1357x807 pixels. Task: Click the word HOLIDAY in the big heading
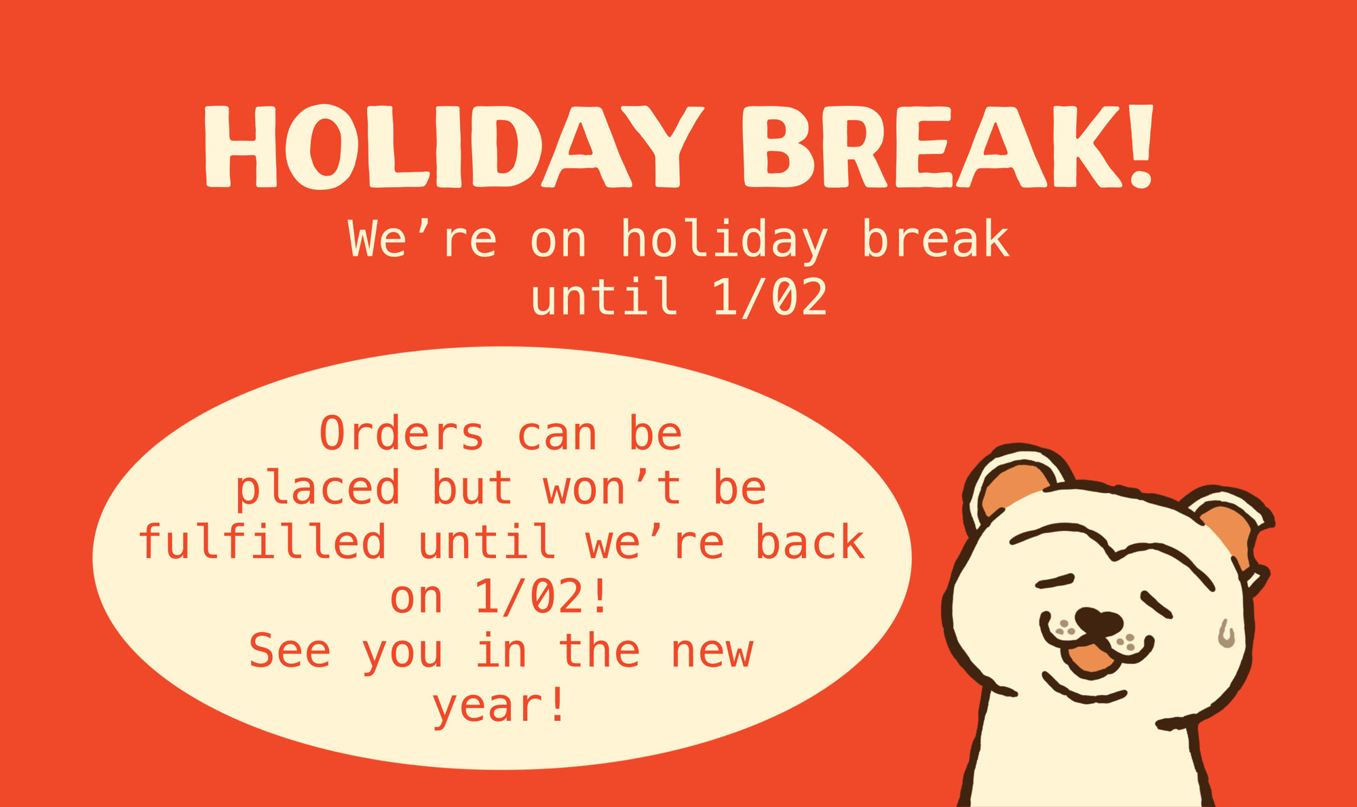pyautogui.click(x=454, y=146)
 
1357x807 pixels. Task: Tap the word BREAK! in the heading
pyautogui.click(x=948, y=146)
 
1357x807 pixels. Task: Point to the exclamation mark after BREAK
pyautogui.click(x=1140, y=146)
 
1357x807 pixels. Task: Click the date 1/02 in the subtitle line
pyautogui.click(x=770, y=297)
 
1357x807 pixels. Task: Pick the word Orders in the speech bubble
pyautogui.click(x=402, y=433)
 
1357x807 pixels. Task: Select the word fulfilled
pyautogui.click(x=263, y=542)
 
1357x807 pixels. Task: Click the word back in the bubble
pyautogui.click(x=810, y=542)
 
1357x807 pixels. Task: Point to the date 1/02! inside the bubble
pyautogui.click(x=541, y=597)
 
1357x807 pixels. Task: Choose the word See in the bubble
pyautogui.click(x=290, y=650)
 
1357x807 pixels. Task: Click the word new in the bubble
pyautogui.click(x=712, y=652)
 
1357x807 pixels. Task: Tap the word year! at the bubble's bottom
pyautogui.click(x=499, y=707)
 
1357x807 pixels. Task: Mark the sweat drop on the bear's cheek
pyautogui.click(x=1226, y=633)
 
